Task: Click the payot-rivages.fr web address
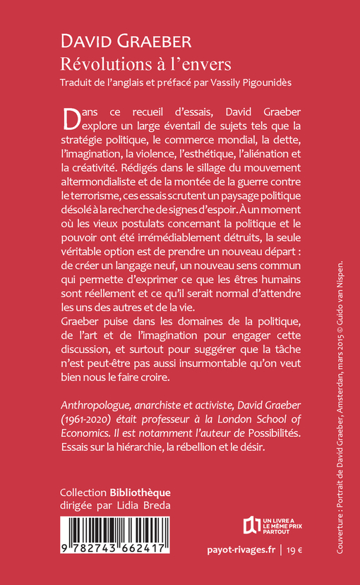(236, 549)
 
